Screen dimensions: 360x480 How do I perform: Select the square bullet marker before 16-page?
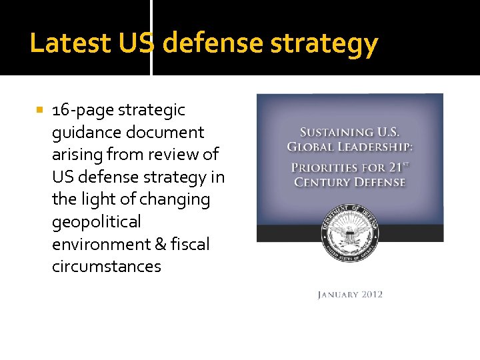[41, 109]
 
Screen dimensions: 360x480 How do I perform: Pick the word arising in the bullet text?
[74, 155]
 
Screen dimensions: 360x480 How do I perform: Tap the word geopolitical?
[97, 222]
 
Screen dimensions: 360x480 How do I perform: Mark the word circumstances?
[107, 267]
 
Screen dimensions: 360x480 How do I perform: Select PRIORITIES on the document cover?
[326, 167]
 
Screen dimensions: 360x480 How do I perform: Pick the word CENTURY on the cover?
[323, 182]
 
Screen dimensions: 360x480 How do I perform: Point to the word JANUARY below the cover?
[337, 295]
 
